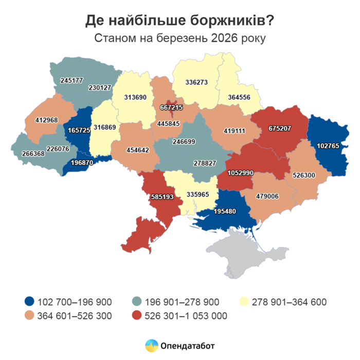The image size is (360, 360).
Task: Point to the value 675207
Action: pos(278,129)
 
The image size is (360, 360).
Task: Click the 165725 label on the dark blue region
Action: pos(79,131)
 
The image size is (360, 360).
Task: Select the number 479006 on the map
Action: pos(266,196)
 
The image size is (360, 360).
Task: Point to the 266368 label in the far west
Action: pos(34,153)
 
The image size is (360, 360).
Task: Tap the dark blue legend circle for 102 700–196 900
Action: pos(29,302)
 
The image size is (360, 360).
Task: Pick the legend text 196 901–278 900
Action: pos(184,302)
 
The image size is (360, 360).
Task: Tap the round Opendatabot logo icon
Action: pos(151,346)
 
